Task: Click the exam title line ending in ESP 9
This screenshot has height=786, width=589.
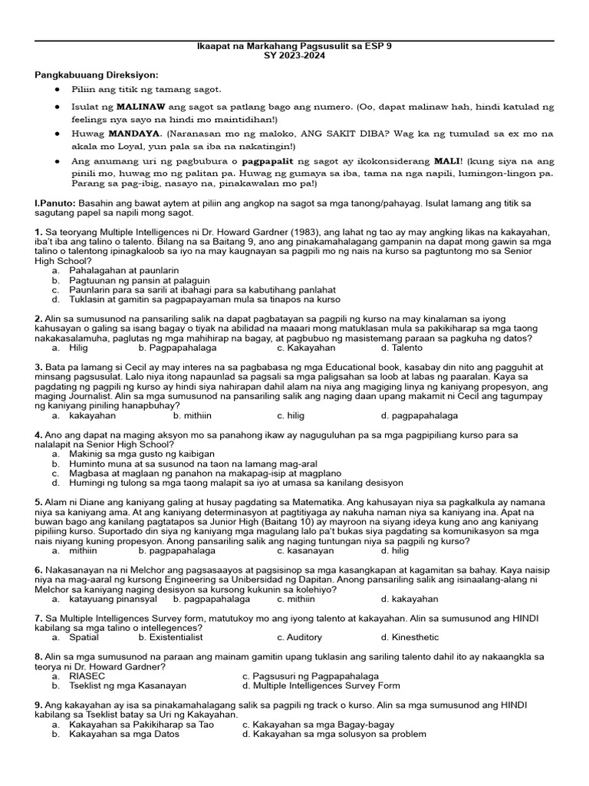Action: pos(294,47)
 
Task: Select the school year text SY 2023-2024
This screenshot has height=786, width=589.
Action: pos(294,57)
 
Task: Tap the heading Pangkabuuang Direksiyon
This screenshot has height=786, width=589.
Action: pos(97,74)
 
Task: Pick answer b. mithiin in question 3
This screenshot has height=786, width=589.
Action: pos(192,415)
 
